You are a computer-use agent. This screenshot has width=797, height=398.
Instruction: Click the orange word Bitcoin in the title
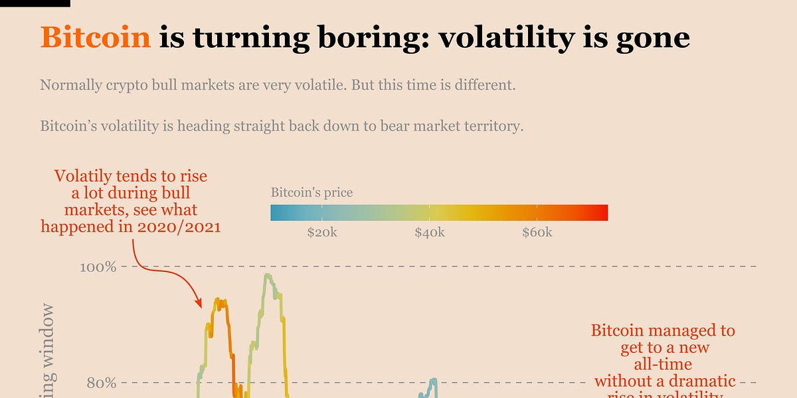tap(96, 38)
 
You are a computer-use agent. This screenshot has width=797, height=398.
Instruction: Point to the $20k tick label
tap(322, 233)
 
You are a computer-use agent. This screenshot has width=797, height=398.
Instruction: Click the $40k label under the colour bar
tap(430, 233)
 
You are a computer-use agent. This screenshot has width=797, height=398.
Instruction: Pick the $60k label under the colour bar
tap(537, 233)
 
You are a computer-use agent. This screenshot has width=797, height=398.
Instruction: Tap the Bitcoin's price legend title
tap(311, 193)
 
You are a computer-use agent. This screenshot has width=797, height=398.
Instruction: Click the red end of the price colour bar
tap(602, 213)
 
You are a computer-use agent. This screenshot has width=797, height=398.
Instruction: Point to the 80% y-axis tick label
tap(102, 383)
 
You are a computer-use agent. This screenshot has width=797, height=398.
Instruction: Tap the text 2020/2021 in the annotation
tap(181, 226)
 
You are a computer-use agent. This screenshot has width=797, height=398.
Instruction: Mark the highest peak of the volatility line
tap(267, 275)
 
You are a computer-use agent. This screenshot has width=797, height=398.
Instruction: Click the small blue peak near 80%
tap(433, 380)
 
